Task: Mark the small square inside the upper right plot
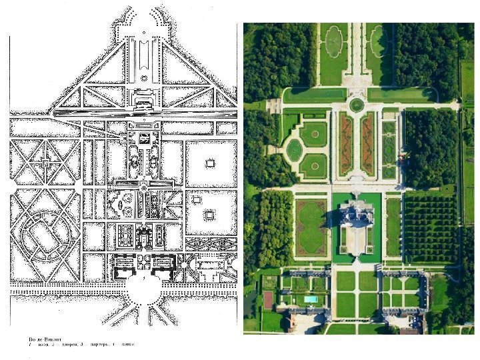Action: pos(210,163)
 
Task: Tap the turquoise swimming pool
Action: pos(310,300)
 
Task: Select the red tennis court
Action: pos(269,300)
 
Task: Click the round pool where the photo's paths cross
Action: pos(357,105)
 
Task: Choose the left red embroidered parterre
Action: pos(345,144)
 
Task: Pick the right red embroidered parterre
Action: pos(368,144)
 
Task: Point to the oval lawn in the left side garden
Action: pos(294,151)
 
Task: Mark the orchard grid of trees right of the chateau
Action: pos(430,227)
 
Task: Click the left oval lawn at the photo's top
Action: pos(333,41)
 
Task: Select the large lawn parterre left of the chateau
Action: pos(310,227)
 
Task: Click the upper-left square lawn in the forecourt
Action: pos(345,281)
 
